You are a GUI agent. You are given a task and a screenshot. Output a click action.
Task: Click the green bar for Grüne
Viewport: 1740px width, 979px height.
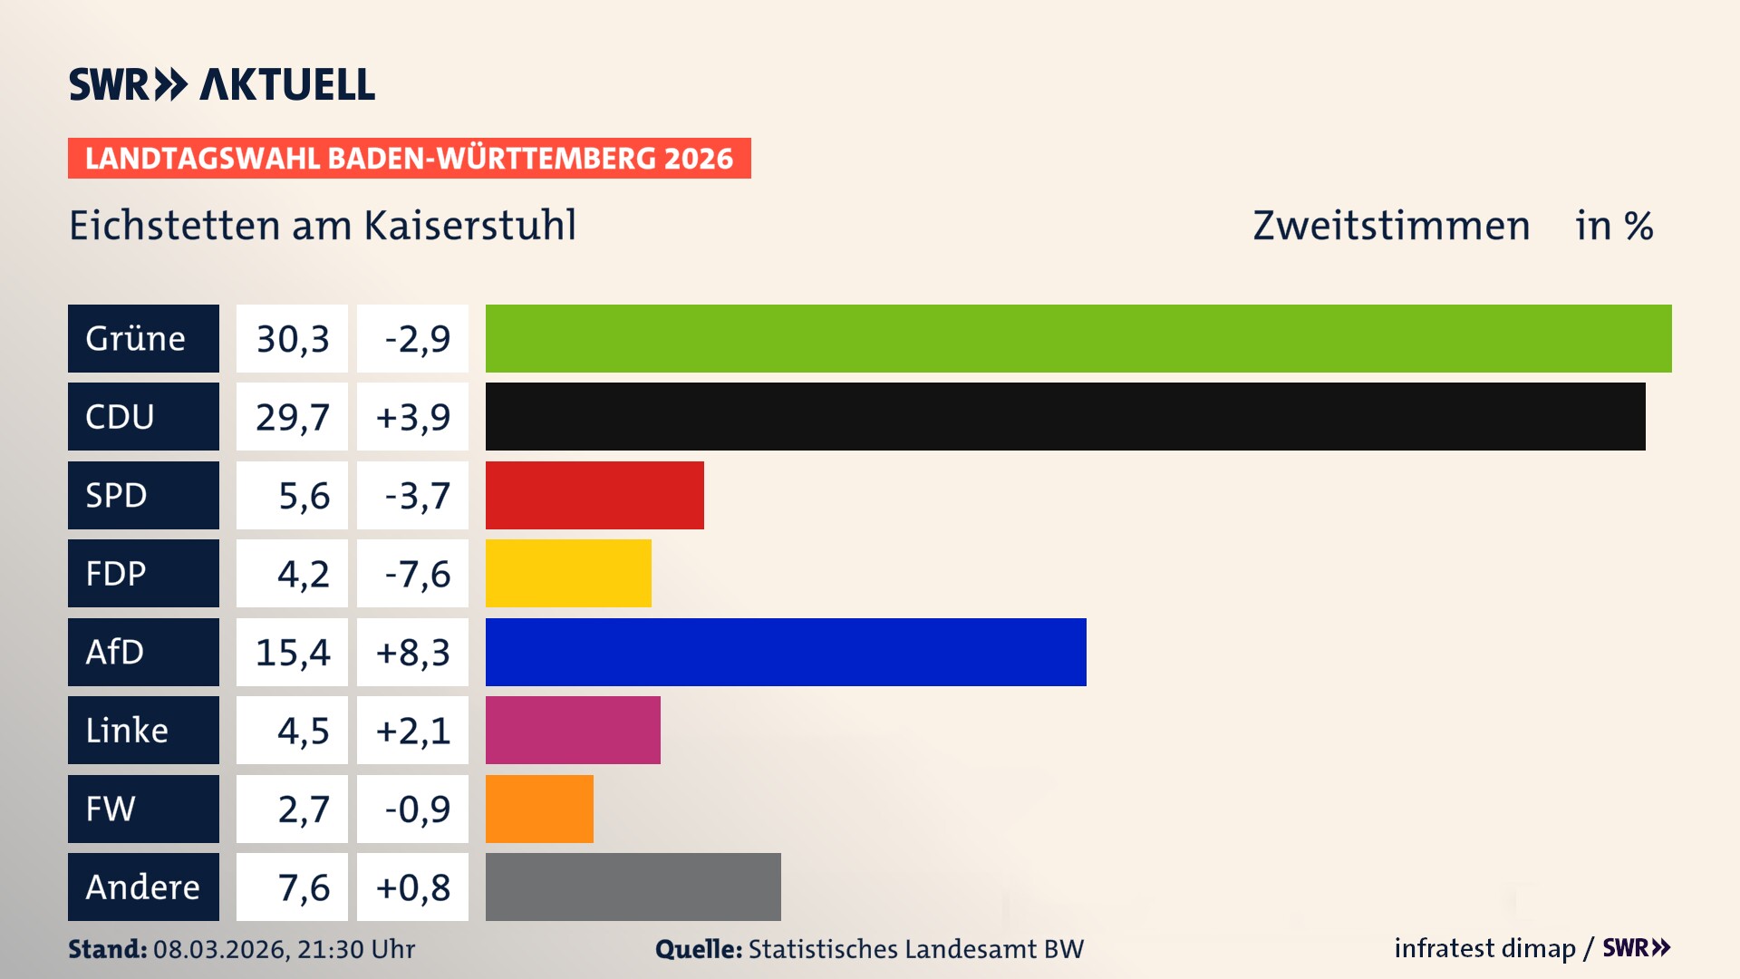1078,338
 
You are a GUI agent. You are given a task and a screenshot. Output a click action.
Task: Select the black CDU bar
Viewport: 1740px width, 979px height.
1065,416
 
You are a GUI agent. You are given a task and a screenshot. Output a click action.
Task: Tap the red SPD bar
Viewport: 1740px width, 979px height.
594,495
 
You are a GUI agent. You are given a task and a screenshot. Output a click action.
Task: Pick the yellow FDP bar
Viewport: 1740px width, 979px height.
568,573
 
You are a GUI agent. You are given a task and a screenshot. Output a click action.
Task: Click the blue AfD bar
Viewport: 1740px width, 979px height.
786,652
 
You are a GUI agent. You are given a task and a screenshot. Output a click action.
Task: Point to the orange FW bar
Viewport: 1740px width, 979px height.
539,809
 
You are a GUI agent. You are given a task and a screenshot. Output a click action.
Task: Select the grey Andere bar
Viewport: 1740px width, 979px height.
633,887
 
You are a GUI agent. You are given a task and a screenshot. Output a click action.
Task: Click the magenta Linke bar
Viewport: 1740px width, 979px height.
573,730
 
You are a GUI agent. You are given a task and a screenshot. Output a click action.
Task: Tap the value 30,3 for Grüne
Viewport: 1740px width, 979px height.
292,339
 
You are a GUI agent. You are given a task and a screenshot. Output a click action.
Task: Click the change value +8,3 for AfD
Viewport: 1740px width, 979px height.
412,653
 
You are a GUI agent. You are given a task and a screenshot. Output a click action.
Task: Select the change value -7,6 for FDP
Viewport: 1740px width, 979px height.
417,574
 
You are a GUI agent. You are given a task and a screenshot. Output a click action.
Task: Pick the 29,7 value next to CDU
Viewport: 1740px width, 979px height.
292,417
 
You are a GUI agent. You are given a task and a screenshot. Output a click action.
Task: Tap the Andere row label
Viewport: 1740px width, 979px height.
143,887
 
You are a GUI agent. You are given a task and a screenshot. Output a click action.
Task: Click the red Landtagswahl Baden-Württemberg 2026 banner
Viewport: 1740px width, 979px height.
409,159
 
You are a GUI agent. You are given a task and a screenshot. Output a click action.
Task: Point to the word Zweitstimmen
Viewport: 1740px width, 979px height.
1391,226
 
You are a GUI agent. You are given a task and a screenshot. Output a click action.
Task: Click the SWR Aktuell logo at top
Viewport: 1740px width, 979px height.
222,84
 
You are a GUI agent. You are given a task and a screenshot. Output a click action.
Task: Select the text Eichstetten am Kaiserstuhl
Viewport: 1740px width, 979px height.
323,226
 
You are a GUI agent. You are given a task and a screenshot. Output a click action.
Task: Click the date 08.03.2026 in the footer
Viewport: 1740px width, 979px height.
220,949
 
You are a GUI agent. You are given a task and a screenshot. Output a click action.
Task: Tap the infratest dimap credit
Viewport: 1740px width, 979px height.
1484,948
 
